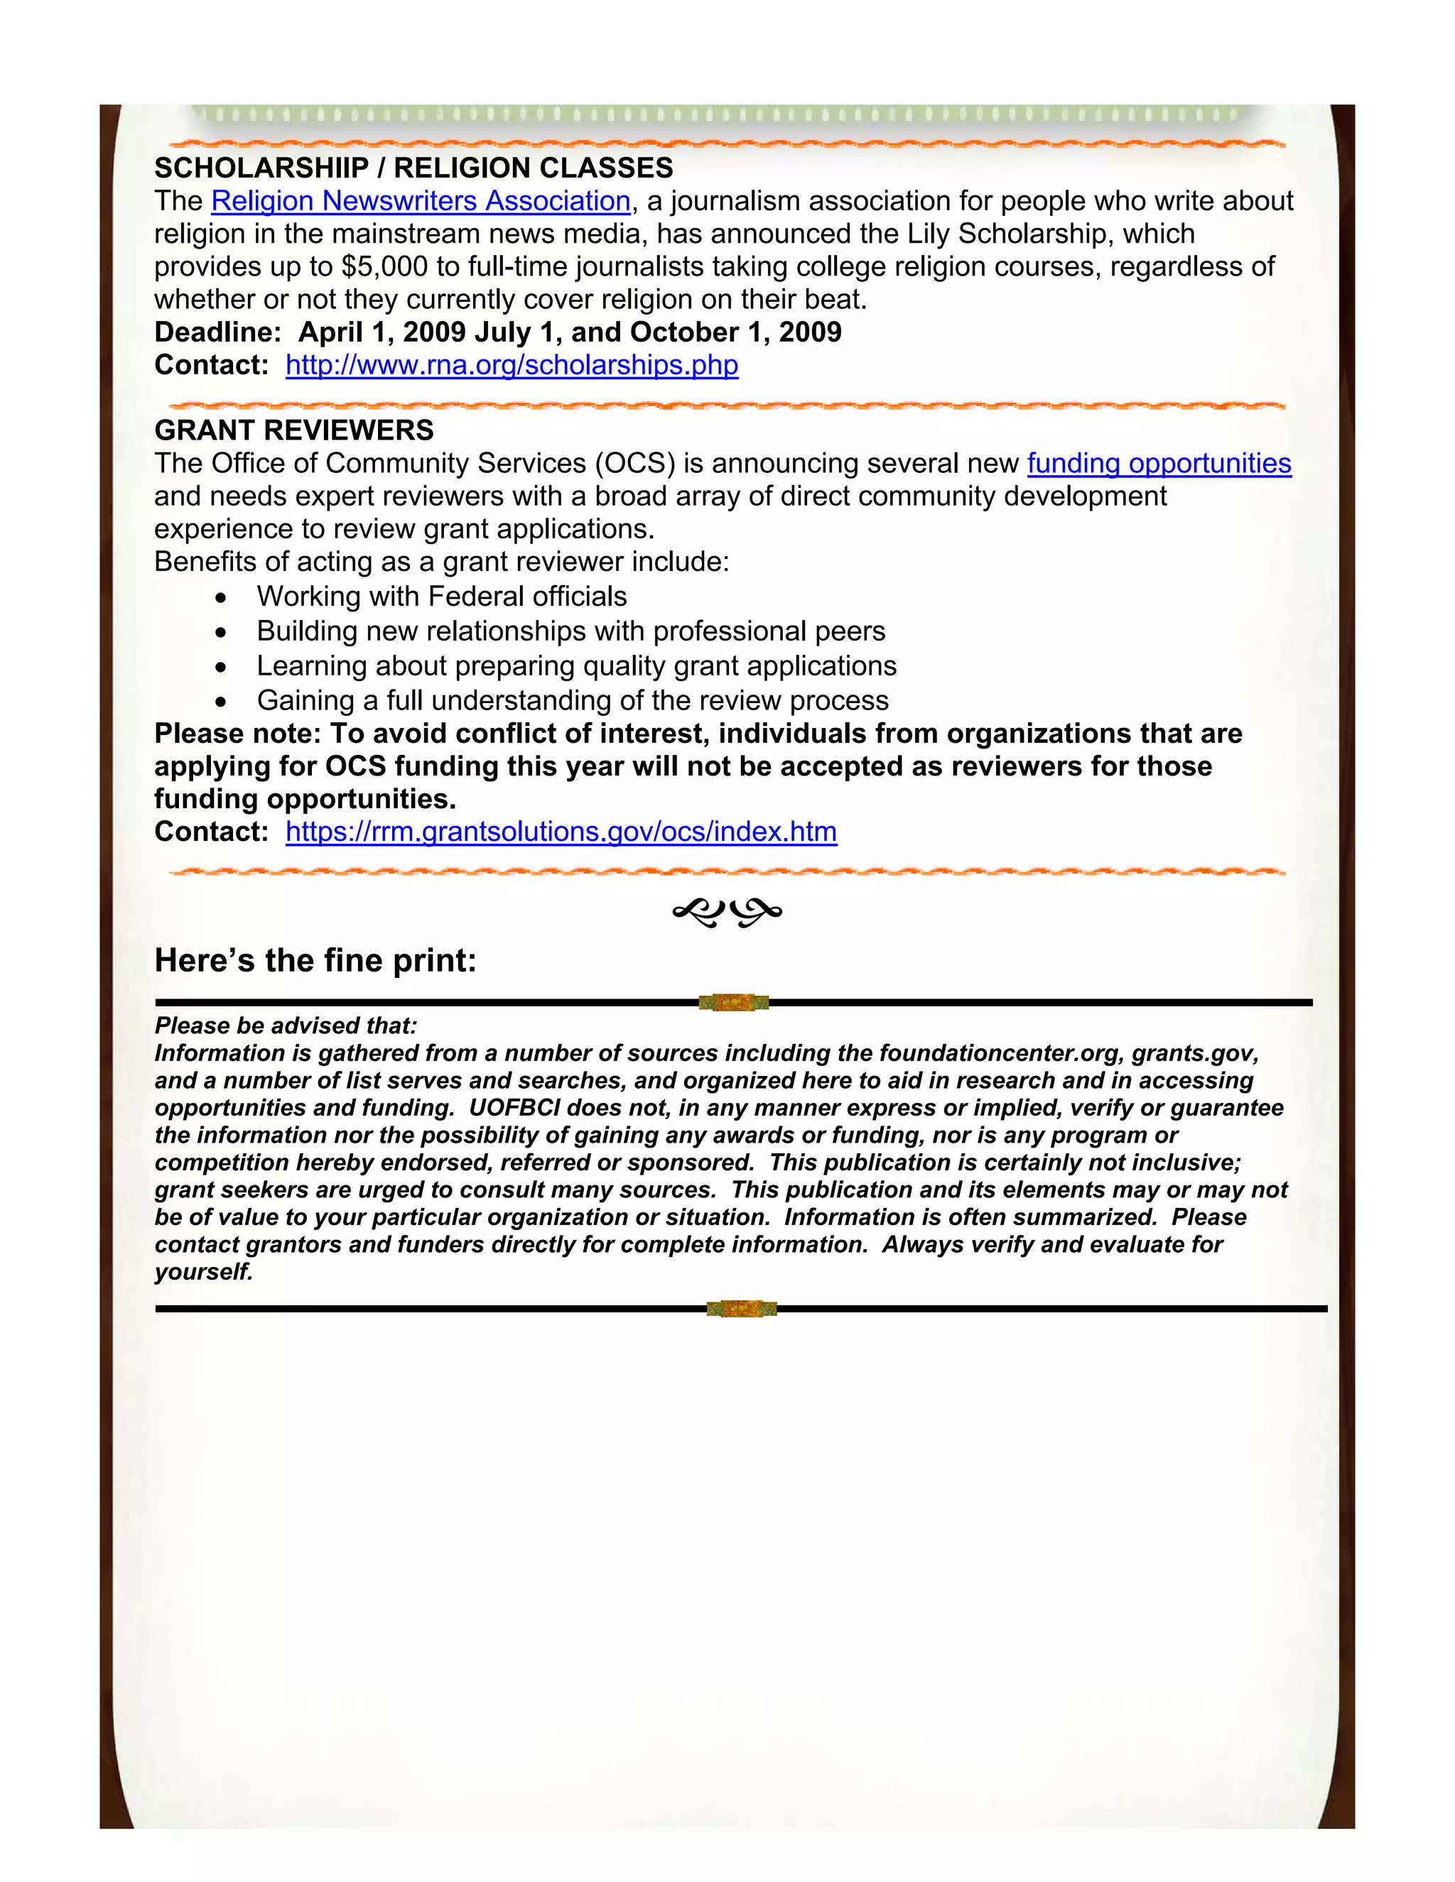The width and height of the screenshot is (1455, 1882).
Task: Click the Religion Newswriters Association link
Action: click(x=421, y=201)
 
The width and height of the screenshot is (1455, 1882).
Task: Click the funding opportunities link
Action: click(x=1159, y=464)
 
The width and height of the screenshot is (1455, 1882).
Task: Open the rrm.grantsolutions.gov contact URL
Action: click(x=561, y=832)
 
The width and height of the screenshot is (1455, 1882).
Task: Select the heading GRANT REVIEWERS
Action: click(x=294, y=430)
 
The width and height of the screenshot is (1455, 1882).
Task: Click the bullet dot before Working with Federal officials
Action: click(x=222, y=598)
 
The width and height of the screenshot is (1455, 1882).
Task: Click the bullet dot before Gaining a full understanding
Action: click(x=222, y=702)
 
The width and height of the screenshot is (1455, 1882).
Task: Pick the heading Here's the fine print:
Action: click(x=315, y=961)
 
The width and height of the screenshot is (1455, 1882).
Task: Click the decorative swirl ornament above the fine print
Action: click(x=727, y=912)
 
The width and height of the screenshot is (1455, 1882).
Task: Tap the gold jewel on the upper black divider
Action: click(x=732, y=1002)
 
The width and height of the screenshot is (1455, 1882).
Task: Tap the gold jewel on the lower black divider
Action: click(x=741, y=1309)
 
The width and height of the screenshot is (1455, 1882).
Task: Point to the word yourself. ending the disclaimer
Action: click(x=203, y=1272)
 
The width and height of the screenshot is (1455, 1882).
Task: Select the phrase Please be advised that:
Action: click(x=286, y=1026)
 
